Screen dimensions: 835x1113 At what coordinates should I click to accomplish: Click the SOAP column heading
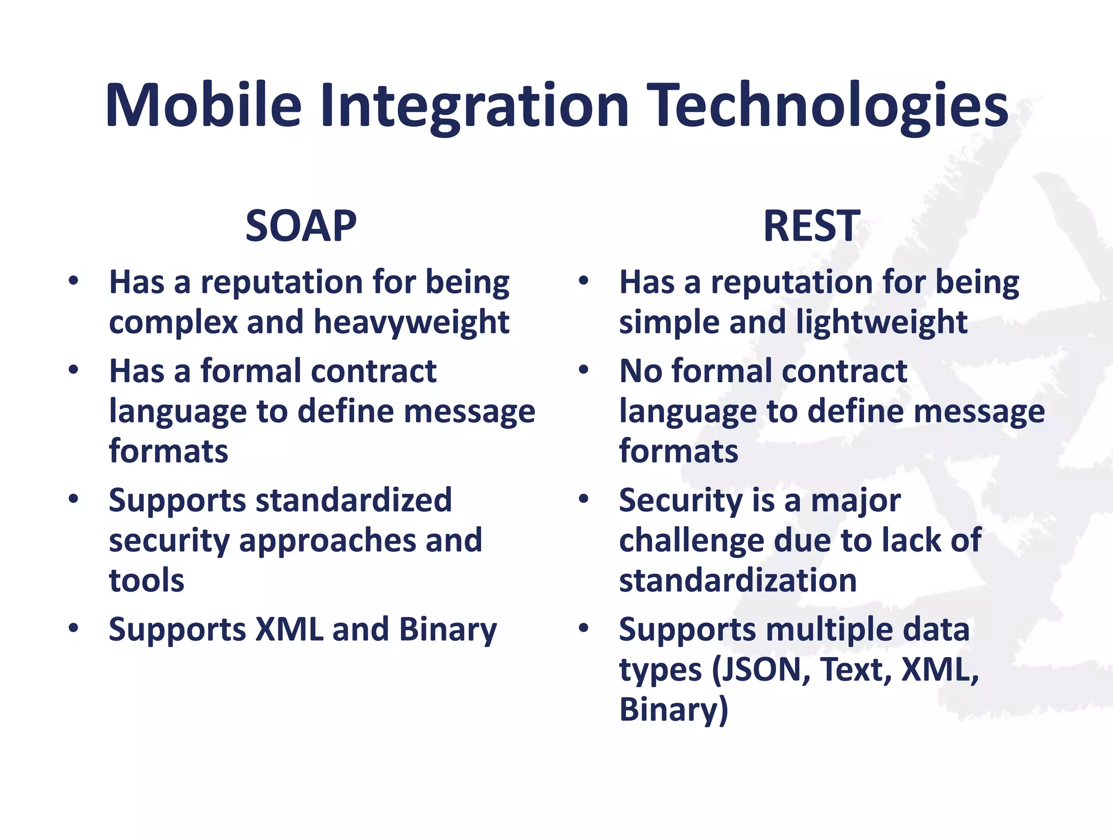pos(301,226)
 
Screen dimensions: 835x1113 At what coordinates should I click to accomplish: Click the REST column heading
pos(811,226)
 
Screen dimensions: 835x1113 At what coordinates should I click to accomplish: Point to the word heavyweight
pos(411,323)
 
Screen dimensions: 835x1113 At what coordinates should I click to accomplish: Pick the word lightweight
pos(881,322)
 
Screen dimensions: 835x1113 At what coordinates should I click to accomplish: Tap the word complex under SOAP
pos(173,323)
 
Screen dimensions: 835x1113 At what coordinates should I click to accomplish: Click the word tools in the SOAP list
pos(146,580)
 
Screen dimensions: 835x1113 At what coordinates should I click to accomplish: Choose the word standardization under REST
pos(737,580)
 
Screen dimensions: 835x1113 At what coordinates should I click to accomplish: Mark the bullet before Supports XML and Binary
pos(74,628)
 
